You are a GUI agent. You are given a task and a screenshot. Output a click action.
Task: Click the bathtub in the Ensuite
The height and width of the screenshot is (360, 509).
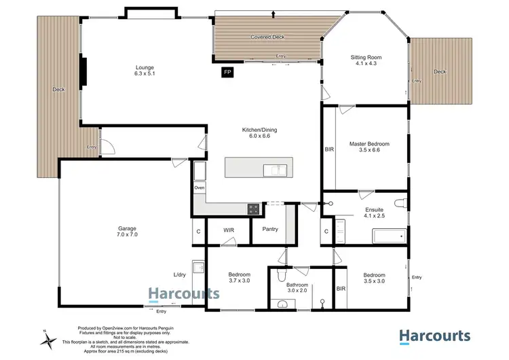click(x=389, y=237)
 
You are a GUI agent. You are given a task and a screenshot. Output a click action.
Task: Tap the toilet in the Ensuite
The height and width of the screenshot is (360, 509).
click(x=401, y=202)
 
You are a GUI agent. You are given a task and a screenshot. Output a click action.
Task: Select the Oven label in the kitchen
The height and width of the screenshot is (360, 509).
click(x=200, y=187)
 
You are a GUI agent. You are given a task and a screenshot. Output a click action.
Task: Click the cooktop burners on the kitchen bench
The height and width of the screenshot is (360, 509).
click(x=254, y=209)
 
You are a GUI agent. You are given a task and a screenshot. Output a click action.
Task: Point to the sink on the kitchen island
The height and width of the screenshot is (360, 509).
click(x=276, y=168)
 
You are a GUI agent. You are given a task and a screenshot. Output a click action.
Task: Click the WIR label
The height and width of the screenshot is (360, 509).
click(x=229, y=230)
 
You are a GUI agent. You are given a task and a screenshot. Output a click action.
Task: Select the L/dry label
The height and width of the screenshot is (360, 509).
click(x=180, y=274)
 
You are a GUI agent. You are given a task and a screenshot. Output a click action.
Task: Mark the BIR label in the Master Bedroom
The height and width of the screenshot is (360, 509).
click(x=329, y=148)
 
